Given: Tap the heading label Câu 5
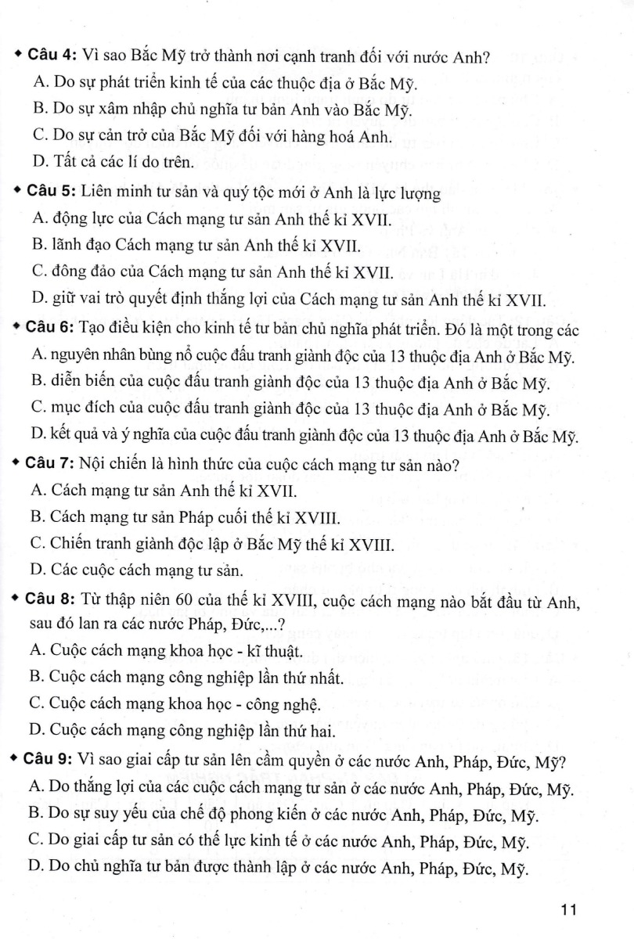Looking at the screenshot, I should [x=51, y=192].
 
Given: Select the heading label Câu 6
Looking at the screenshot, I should [x=51, y=330].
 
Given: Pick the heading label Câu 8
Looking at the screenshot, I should [x=51, y=601].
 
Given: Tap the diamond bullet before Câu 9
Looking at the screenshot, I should [x=18, y=760].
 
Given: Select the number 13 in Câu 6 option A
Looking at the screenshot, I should [x=419, y=358].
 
